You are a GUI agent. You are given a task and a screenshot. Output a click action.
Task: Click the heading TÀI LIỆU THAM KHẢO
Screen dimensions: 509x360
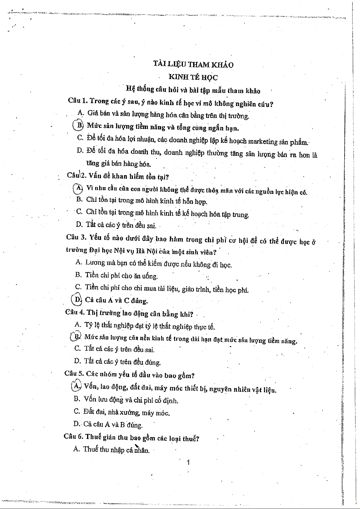click(x=193, y=64)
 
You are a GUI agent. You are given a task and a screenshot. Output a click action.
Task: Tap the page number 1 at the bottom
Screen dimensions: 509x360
click(x=188, y=462)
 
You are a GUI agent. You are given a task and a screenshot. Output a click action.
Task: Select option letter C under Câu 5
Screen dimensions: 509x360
click(x=77, y=411)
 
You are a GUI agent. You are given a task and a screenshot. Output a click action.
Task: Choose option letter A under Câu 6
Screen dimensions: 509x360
click(x=76, y=449)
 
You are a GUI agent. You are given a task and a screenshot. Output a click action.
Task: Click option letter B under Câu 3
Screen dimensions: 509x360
click(x=78, y=275)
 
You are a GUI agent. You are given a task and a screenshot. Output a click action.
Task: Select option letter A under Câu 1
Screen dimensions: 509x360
click(x=80, y=113)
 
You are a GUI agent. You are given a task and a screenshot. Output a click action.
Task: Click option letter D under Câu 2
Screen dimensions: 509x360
click(x=79, y=224)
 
